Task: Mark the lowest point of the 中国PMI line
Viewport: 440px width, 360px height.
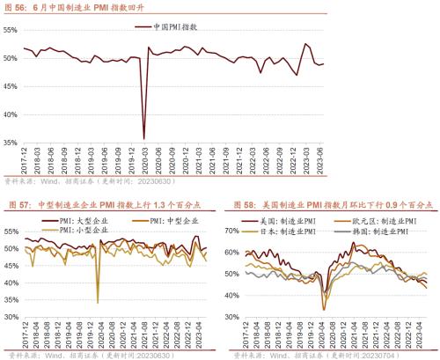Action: (x=144, y=138)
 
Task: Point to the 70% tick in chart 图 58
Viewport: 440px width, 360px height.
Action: (x=232, y=230)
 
